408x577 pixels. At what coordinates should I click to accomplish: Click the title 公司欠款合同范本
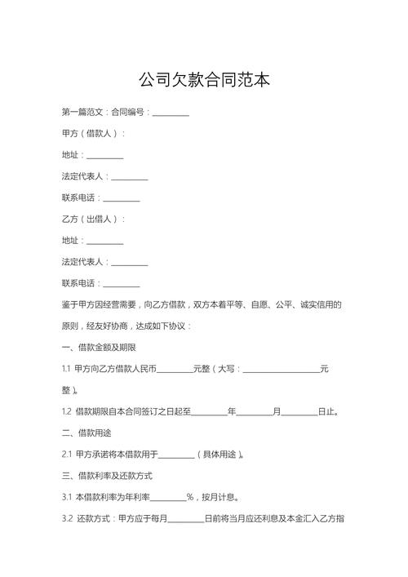(x=204, y=80)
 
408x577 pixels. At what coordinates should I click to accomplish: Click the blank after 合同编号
(x=171, y=112)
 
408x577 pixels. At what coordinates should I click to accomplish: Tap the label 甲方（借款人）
(x=93, y=133)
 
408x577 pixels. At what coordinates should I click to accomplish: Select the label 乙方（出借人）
(x=93, y=219)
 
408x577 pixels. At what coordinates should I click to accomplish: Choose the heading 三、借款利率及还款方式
(x=107, y=475)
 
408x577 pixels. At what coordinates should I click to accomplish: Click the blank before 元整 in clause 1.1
(x=174, y=369)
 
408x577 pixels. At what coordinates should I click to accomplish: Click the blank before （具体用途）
(x=176, y=454)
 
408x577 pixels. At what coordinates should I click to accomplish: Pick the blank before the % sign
(x=168, y=496)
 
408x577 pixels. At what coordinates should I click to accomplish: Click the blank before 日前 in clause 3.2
(x=185, y=517)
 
